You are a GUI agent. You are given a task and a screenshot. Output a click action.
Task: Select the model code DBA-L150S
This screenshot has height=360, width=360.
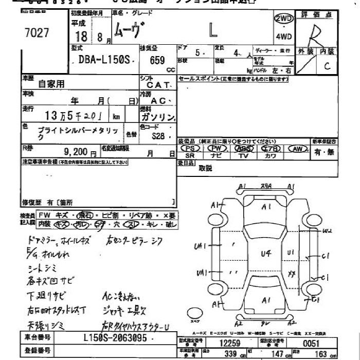pos(102,60)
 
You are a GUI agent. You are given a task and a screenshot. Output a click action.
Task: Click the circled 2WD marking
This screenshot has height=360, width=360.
pos(284,19)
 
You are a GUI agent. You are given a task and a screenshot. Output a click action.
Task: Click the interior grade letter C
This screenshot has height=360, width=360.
pos(327,66)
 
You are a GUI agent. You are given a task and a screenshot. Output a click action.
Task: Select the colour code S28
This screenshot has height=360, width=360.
pos(158,136)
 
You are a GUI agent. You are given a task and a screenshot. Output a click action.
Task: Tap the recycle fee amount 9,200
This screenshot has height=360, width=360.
pos(77,153)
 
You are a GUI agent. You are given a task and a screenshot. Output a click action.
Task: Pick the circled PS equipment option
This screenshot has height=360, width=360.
pos(190,149)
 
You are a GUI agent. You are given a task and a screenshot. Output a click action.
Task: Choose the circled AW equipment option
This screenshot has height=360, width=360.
pos(297,149)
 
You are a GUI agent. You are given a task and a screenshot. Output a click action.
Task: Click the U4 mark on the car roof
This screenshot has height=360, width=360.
pos(265,253)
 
